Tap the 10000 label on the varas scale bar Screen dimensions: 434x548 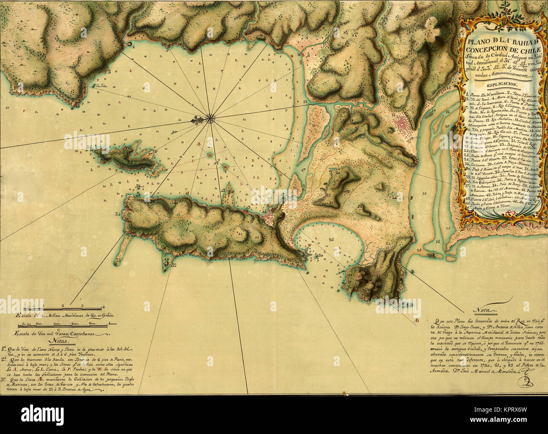pyautogui.click(x=112, y=324)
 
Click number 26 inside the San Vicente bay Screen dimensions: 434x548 pyautogui.click(x=331, y=240)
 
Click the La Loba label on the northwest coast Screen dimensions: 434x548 pyautogui.click(x=100, y=87)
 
